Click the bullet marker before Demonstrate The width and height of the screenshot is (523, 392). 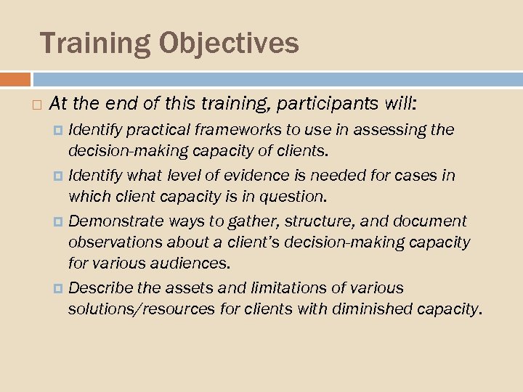click(59, 221)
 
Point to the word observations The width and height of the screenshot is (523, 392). click(109, 241)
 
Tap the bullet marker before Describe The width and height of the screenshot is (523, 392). click(59, 287)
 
